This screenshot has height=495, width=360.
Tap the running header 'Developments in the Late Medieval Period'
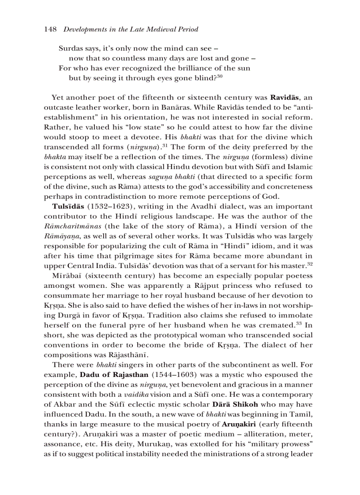coord(131,30)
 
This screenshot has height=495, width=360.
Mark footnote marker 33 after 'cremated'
coord(300,324)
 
